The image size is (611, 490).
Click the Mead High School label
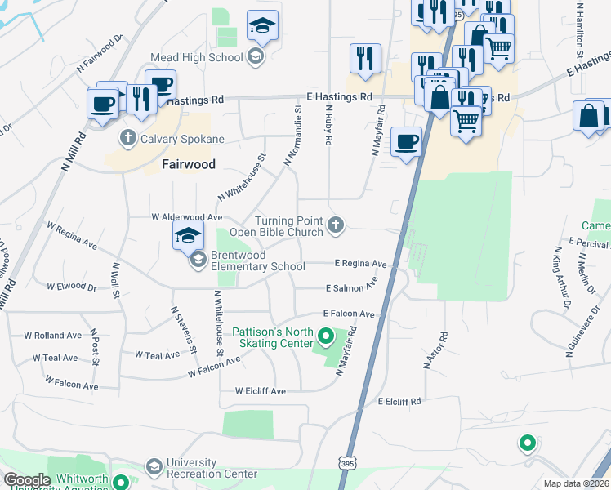(x=196, y=57)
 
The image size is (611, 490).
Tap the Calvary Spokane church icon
(x=127, y=139)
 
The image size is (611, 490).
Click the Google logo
(x=27, y=480)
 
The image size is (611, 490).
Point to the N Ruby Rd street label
(x=329, y=125)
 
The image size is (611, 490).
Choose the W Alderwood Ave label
(x=187, y=217)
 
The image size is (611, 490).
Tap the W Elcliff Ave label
(x=260, y=391)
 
